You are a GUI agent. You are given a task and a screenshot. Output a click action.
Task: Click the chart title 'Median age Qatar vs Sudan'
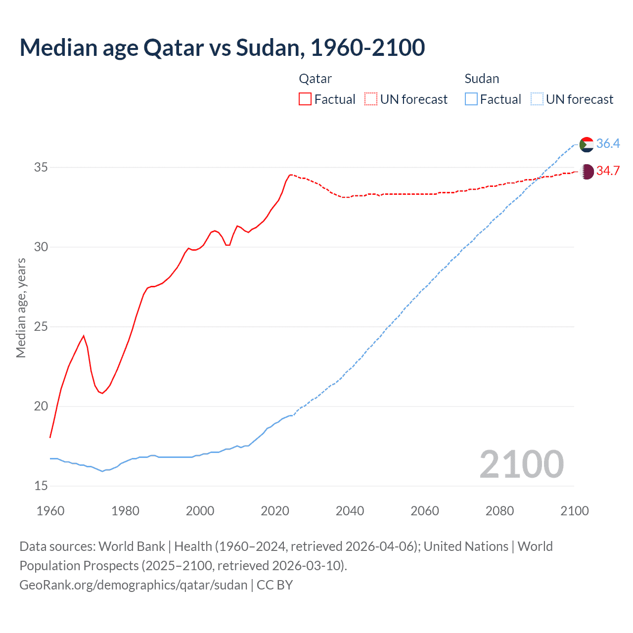[x=222, y=48]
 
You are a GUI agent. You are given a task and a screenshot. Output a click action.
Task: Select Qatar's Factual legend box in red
[x=305, y=99]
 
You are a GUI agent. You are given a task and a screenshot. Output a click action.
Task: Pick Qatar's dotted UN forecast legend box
[x=371, y=99]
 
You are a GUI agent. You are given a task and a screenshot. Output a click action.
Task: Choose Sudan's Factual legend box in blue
[x=471, y=99]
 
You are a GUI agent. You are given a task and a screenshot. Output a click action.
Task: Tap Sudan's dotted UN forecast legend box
[x=537, y=99]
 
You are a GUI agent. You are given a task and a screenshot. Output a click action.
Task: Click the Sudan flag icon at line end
[x=586, y=144]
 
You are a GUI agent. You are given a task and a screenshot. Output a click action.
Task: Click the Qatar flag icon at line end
[x=586, y=172]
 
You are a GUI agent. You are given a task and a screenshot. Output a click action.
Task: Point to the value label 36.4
[x=608, y=143]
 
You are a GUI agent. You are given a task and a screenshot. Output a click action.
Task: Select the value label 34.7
[x=608, y=171]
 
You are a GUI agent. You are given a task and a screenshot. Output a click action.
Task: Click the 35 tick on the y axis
[x=41, y=167]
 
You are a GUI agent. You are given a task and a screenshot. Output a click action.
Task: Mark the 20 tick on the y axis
[x=41, y=406]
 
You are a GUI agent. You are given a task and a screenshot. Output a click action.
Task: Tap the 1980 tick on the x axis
[x=125, y=511]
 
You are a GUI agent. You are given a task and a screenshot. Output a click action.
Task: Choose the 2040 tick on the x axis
[x=350, y=511]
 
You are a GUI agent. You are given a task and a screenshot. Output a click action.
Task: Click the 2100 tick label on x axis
[x=574, y=511]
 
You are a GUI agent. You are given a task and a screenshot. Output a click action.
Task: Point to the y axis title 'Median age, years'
[x=21, y=308]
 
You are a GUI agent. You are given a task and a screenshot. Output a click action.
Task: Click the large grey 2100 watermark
[x=521, y=464]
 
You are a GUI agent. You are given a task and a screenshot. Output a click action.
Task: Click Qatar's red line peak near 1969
[x=84, y=336]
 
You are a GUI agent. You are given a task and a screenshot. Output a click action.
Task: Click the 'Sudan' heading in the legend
[x=482, y=79]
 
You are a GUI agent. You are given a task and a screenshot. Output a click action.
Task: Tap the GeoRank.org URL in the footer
[x=134, y=585]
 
